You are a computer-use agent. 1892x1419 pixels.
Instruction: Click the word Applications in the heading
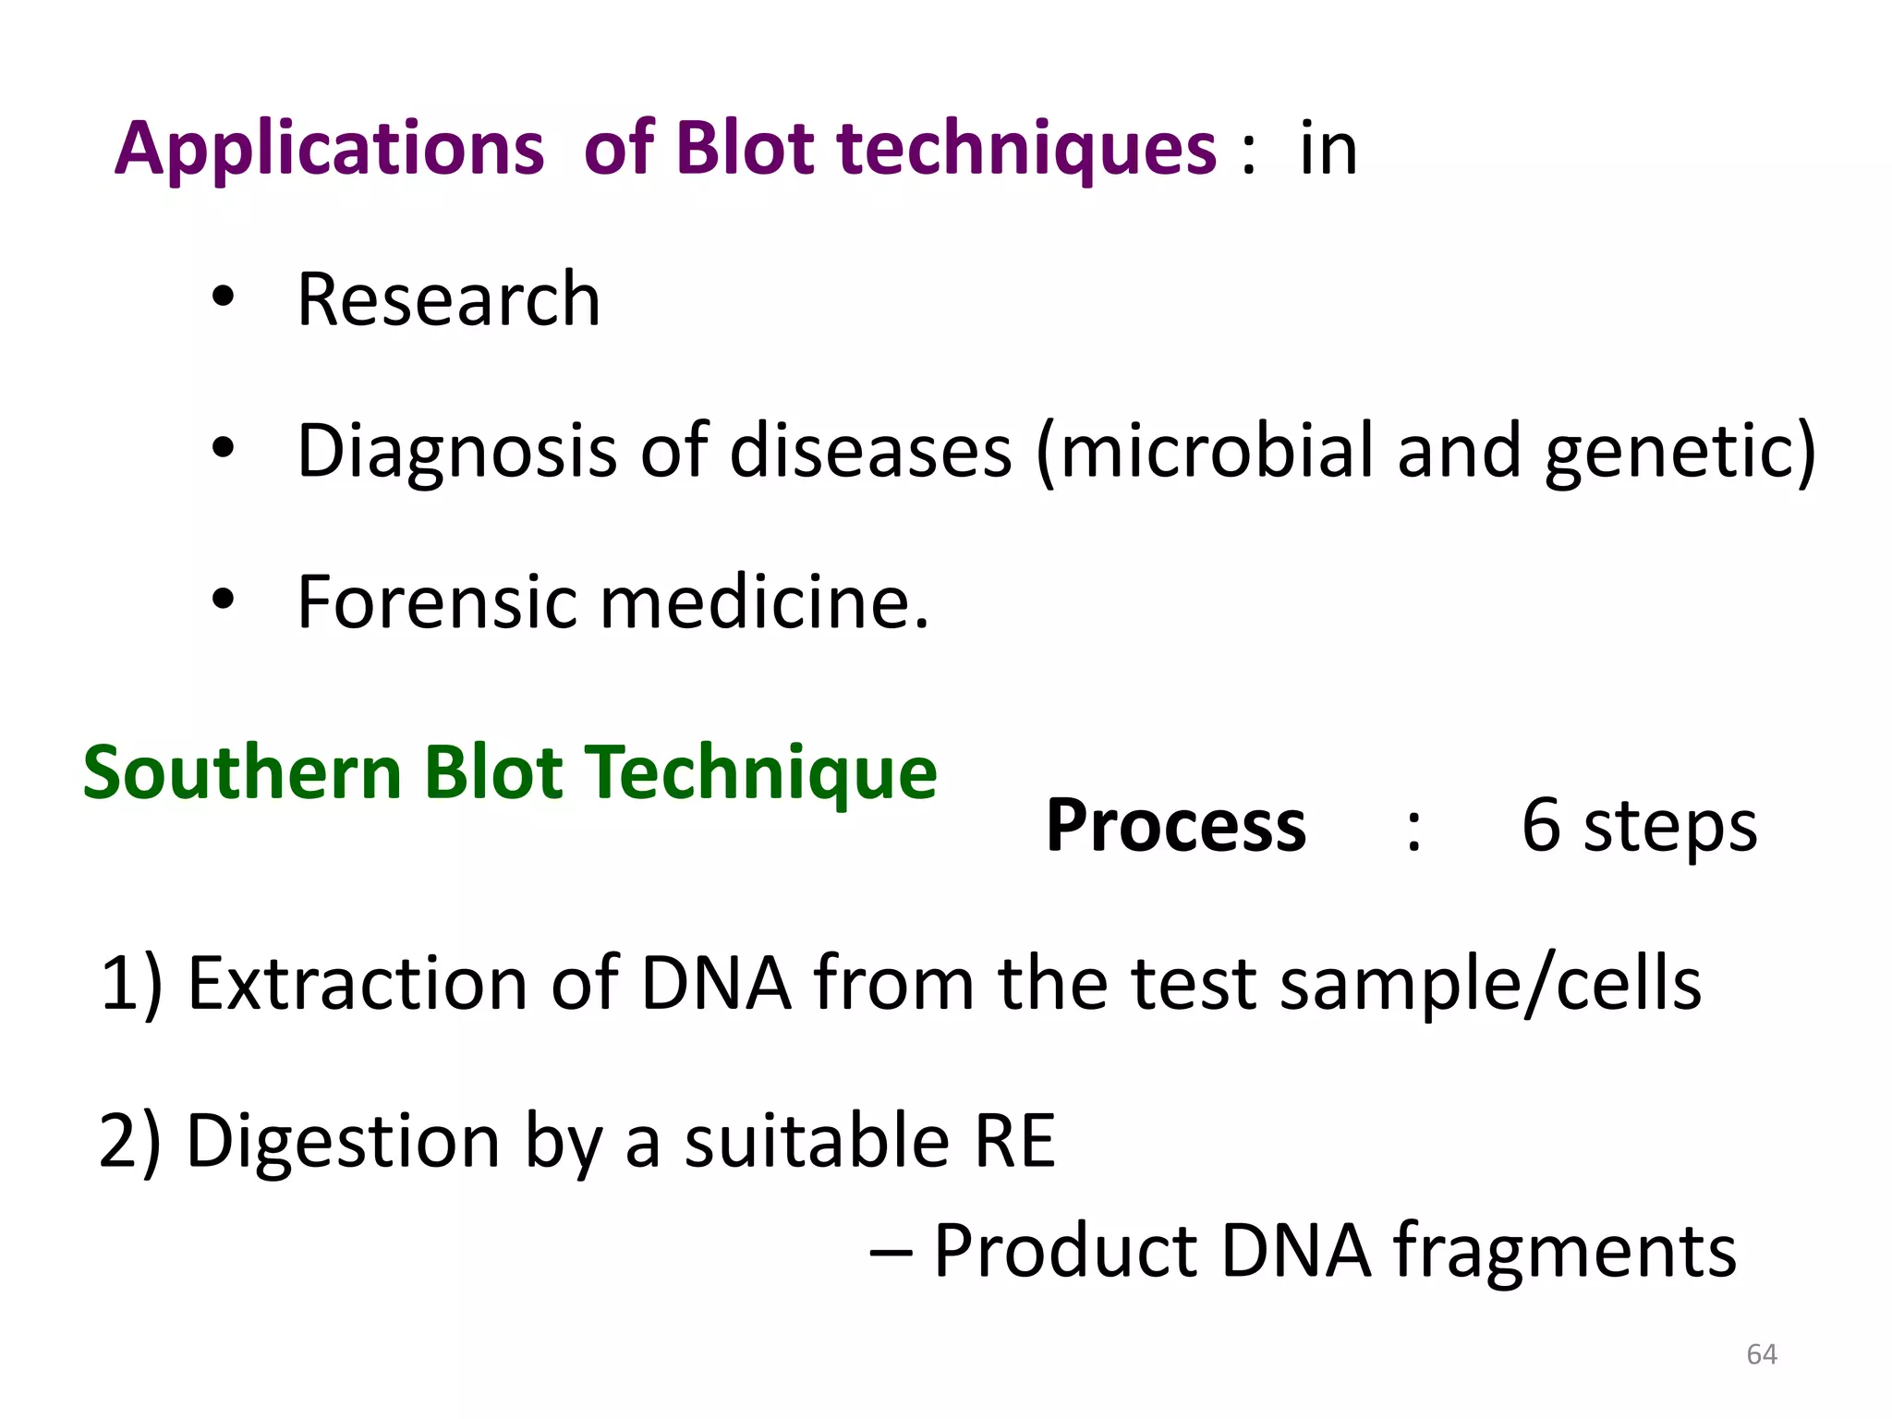pos(329,150)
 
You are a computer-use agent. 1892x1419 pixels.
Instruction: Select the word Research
pos(448,300)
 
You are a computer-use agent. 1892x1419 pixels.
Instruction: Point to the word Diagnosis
pos(456,452)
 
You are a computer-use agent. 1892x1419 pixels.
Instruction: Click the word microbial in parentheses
pos(1221,452)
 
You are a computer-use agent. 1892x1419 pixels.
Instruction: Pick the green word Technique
pos(762,774)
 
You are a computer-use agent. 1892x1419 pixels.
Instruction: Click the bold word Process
pos(1175,826)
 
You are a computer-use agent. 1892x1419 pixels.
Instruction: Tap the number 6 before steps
pos(1541,824)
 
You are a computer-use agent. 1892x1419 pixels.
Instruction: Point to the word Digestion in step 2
pos(343,1143)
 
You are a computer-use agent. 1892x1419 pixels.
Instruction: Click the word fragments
pos(1565,1253)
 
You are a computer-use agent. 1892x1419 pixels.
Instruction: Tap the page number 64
pos(1762,1354)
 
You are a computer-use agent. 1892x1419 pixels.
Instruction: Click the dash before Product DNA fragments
pos(891,1253)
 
